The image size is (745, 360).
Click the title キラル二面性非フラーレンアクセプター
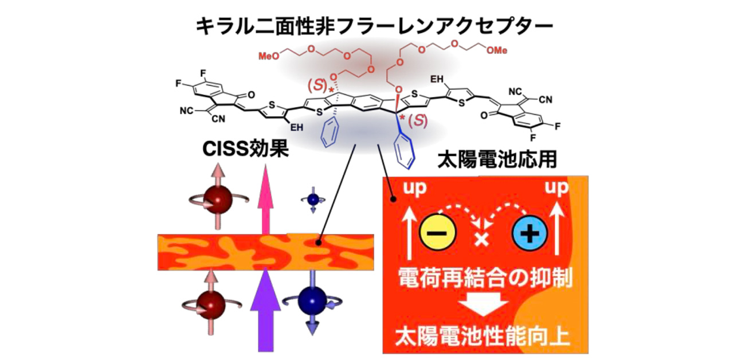(372, 26)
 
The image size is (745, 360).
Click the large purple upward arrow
(265, 310)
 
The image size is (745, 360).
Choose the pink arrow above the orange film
(265, 198)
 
